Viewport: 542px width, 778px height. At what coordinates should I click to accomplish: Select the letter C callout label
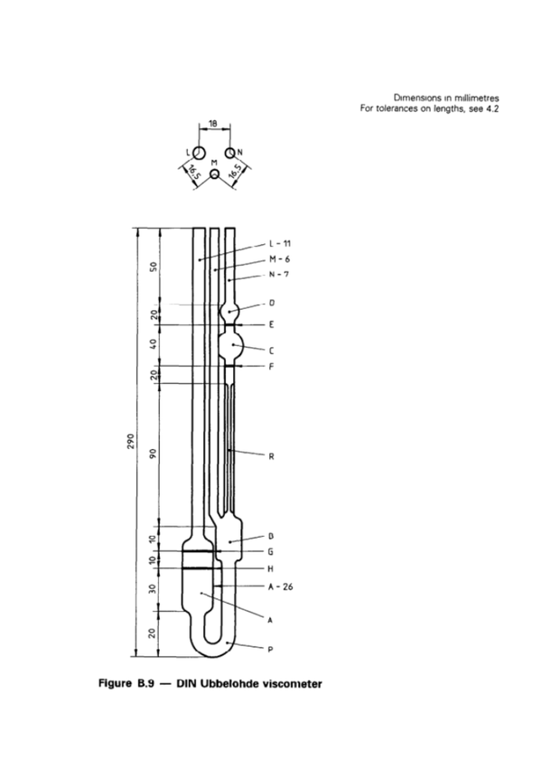pyautogui.click(x=272, y=349)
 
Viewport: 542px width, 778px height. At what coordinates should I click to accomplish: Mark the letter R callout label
pyautogui.click(x=271, y=456)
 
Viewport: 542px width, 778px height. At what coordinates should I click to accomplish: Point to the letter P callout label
pyautogui.click(x=271, y=648)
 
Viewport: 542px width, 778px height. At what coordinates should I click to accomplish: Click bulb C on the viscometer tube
pyautogui.click(x=232, y=344)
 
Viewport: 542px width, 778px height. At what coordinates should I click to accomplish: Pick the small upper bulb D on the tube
pyautogui.click(x=230, y=311)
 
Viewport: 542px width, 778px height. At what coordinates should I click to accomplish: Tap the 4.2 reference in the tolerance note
pyautogui.click(x=492, y=108)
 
